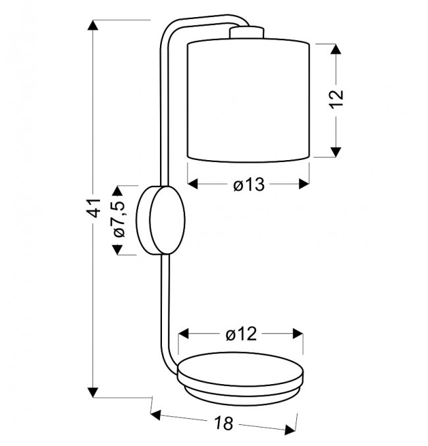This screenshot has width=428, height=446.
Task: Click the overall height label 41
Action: (94, 208)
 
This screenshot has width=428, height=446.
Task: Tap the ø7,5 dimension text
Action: (119, 219)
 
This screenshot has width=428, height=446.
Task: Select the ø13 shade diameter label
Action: (249, 184)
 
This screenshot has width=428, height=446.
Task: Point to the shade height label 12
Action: (336, 99)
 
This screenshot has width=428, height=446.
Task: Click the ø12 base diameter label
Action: (241, 334)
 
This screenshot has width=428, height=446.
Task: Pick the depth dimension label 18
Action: (224, 423)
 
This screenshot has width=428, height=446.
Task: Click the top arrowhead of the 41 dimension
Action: (93, 25)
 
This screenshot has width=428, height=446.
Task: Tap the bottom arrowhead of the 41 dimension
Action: (93, 393)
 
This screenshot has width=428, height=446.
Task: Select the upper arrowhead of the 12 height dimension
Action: (336, 49)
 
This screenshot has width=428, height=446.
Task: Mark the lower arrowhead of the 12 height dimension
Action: (336, 152)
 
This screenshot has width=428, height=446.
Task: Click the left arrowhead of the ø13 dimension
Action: (193, 184)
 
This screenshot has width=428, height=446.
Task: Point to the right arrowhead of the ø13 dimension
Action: (304, 184)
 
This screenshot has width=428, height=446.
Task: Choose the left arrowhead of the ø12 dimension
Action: (184, 333)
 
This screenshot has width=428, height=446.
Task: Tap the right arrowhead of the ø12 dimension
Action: (298, 333)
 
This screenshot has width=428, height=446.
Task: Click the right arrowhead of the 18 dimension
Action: (290, 430)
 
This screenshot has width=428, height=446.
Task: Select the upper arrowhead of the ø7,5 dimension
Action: (117, 190)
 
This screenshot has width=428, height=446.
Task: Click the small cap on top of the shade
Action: (247, 32)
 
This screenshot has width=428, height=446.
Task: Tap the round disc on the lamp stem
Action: (161, 220)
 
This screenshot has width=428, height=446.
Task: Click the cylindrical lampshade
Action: (248, 101)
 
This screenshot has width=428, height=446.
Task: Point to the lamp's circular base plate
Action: (240, 378)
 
